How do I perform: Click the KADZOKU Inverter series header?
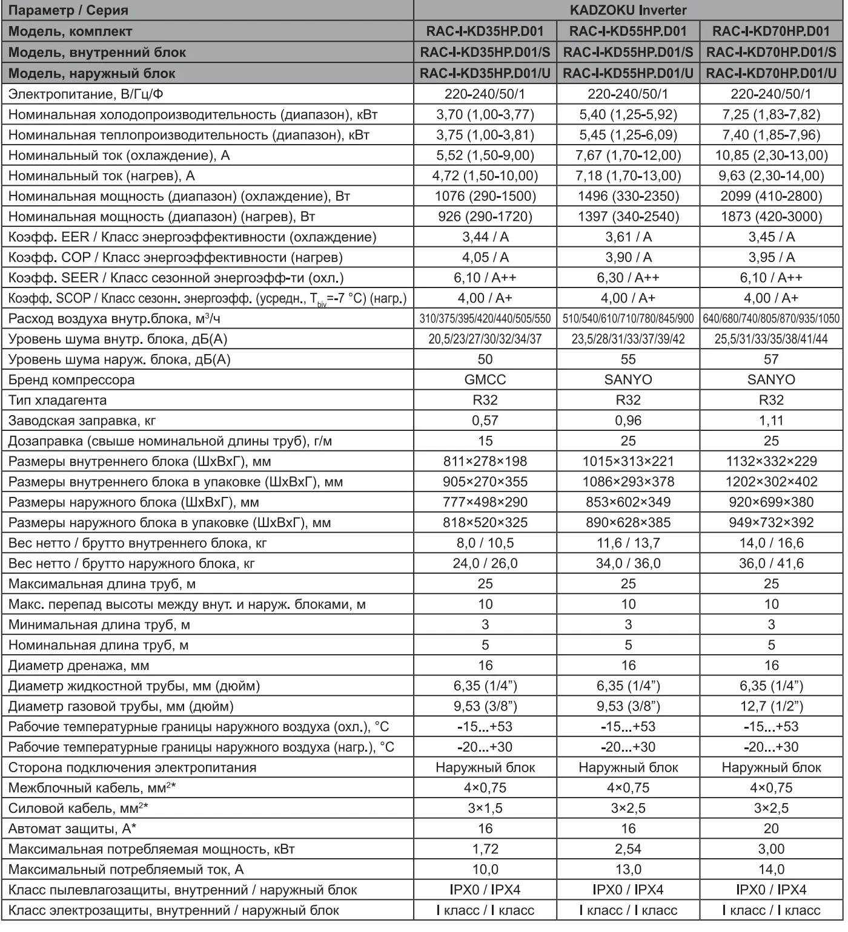[628, 10]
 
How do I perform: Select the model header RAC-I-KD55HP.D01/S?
[628, 52]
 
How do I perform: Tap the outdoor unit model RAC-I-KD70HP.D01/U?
[771, 73]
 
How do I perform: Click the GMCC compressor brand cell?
[485, 380]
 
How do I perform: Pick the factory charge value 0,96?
[628, 421]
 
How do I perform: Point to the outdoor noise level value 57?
[771, 359]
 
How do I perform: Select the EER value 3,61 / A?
[628, 237]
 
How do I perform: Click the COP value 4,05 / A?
[485, 257]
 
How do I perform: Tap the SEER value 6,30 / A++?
[628, 278]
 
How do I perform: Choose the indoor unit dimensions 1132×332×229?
[771, 462]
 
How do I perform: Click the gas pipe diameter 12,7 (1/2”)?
[771, 706]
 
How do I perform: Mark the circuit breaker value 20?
[771, 829]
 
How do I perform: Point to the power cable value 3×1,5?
[485, 809]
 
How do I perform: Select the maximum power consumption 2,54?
[628, 849]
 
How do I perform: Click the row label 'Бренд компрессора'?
[71, 380]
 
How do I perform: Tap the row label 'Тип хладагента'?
[58, 401]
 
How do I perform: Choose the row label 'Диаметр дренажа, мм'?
[79, 666]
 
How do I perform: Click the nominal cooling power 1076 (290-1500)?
[485, 196]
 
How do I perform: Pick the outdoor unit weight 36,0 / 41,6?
[771, 563]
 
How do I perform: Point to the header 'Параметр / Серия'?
[68, 10]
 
